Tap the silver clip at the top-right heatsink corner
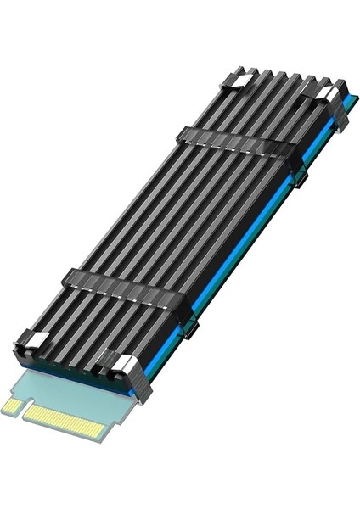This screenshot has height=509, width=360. pyautogui.click(x=327, y=93)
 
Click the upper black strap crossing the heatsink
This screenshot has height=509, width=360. pyautogui.click(x=238, y=143)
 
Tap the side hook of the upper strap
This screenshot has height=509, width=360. pyautogui.click(x=300, y=177)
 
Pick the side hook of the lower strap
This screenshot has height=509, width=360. pyautogui.click(x=191, y=327)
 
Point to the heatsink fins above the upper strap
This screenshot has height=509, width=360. pyautogui.click(x=272, y=106)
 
